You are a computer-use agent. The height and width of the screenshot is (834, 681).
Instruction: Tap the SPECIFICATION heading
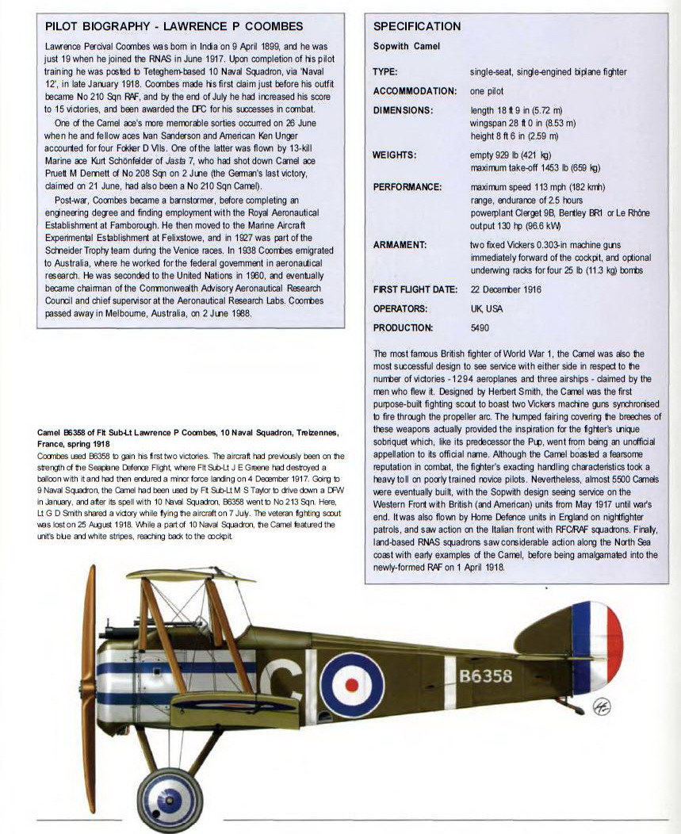[x=416, y=27]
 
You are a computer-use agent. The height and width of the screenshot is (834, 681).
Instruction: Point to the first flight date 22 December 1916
[x=506, y=289]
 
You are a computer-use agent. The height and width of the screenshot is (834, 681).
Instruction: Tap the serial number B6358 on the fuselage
[x=486, y=676]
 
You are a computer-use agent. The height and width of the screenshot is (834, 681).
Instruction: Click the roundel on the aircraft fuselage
[x=352, y=684]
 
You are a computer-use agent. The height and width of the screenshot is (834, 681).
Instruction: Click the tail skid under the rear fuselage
[x=572, y=705]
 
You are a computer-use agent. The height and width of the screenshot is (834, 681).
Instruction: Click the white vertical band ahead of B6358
[x=450, y=681]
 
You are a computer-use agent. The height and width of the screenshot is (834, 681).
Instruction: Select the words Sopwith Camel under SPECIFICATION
[x=407, y=47]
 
